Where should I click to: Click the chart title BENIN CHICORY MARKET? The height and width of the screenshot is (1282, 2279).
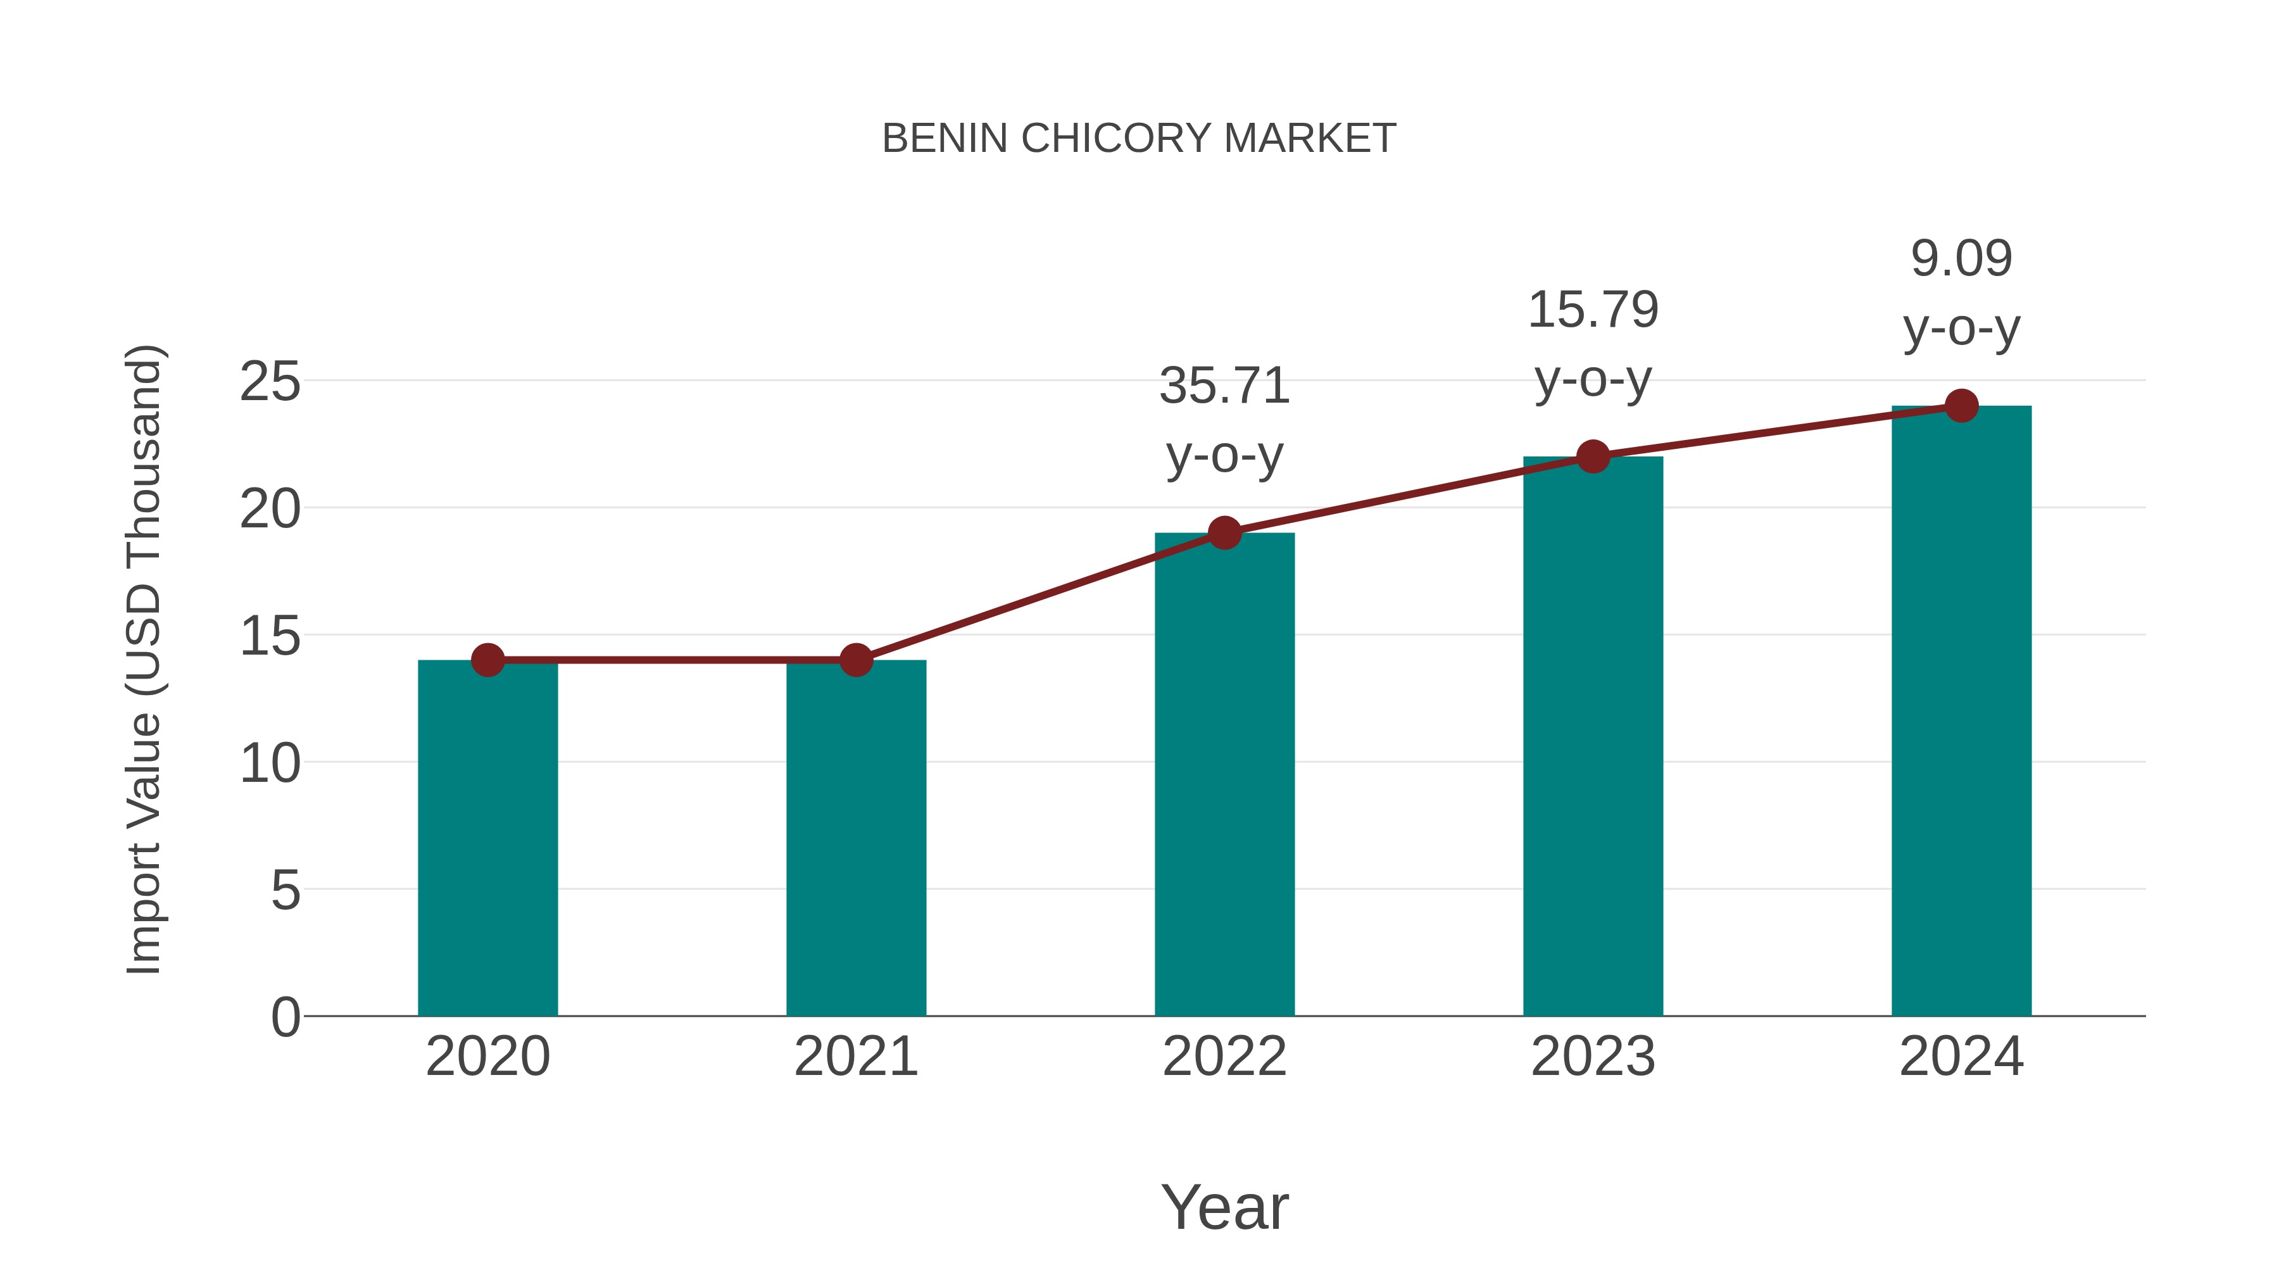point(1139,139)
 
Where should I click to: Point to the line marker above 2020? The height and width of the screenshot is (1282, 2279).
point(487,660)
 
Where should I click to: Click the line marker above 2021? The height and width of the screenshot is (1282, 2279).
point(855,660)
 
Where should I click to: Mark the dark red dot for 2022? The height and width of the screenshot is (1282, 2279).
point(1224,532)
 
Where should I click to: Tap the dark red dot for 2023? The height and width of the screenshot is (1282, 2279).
point(1593,456)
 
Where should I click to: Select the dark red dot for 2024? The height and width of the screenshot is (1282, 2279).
point(1961,406)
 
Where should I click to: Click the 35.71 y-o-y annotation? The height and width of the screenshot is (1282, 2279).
point(1224,420)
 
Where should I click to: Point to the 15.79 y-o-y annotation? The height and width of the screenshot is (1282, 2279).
point(1593,344)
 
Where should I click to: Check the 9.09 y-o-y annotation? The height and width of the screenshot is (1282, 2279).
point(1961,293)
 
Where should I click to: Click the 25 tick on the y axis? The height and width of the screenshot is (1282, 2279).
point(270,382)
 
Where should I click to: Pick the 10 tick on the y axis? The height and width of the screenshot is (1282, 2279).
point(270,764)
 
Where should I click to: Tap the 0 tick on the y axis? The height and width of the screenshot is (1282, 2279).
point(286,1017)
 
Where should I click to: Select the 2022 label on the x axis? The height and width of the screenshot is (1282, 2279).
point(1224,1057)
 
